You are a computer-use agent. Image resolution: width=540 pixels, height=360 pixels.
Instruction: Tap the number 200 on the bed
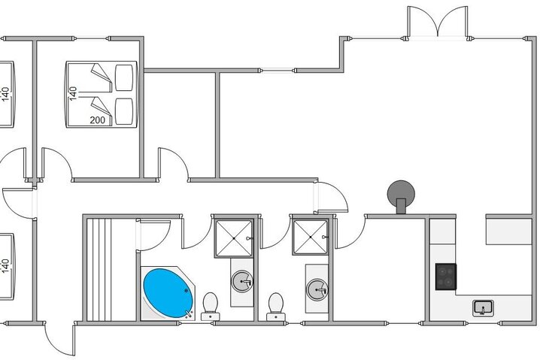[x=98, y=119]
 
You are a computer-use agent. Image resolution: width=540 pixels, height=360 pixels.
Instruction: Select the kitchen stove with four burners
[x=446, y=276]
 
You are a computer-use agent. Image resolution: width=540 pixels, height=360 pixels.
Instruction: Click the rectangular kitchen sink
[x=482, y=307]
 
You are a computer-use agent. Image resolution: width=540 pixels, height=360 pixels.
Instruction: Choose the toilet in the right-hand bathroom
[x=276, y=304]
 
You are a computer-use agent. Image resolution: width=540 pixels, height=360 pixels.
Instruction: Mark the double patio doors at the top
[x=438, y=22]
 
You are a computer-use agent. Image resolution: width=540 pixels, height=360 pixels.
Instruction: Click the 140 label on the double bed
[x=73, y=92]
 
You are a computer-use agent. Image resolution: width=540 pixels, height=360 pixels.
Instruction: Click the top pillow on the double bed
[x=124, y=75]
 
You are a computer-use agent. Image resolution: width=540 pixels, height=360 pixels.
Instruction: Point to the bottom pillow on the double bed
[x=124, y=110]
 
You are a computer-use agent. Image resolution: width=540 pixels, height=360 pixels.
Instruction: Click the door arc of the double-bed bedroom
[x=56, y=165]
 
